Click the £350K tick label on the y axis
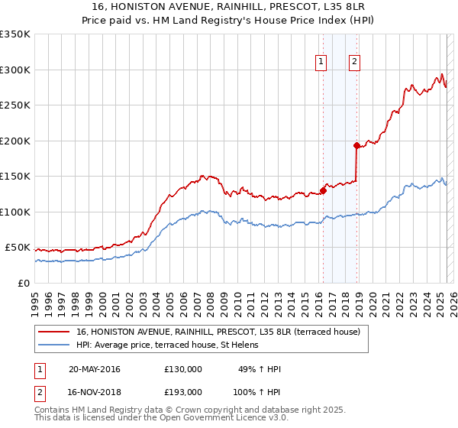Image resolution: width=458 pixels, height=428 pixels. click(x=15, y=34)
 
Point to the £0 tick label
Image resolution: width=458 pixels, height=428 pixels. click(x=22, y=283)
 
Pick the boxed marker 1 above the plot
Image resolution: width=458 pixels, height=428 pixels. click(x=321, y=63)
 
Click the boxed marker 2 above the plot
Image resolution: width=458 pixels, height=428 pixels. click(x=356, y=63)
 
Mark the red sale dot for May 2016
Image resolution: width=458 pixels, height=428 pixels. click(x=323, y=191)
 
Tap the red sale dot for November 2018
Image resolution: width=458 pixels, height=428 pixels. click(x=356, y=145)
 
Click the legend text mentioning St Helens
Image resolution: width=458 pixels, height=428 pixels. click(x=167, y=345)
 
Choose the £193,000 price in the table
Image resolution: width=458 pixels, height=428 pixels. click(x=183, y=391)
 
